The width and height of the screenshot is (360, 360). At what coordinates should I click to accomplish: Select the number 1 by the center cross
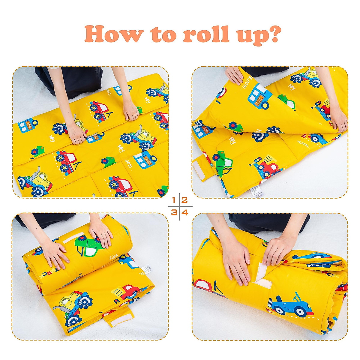point(174,200)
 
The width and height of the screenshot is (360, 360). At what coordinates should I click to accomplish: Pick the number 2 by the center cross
point(184,200)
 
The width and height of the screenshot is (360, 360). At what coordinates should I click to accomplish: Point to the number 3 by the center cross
point(174,212)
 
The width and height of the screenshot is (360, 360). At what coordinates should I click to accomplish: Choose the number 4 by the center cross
point(185,212)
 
